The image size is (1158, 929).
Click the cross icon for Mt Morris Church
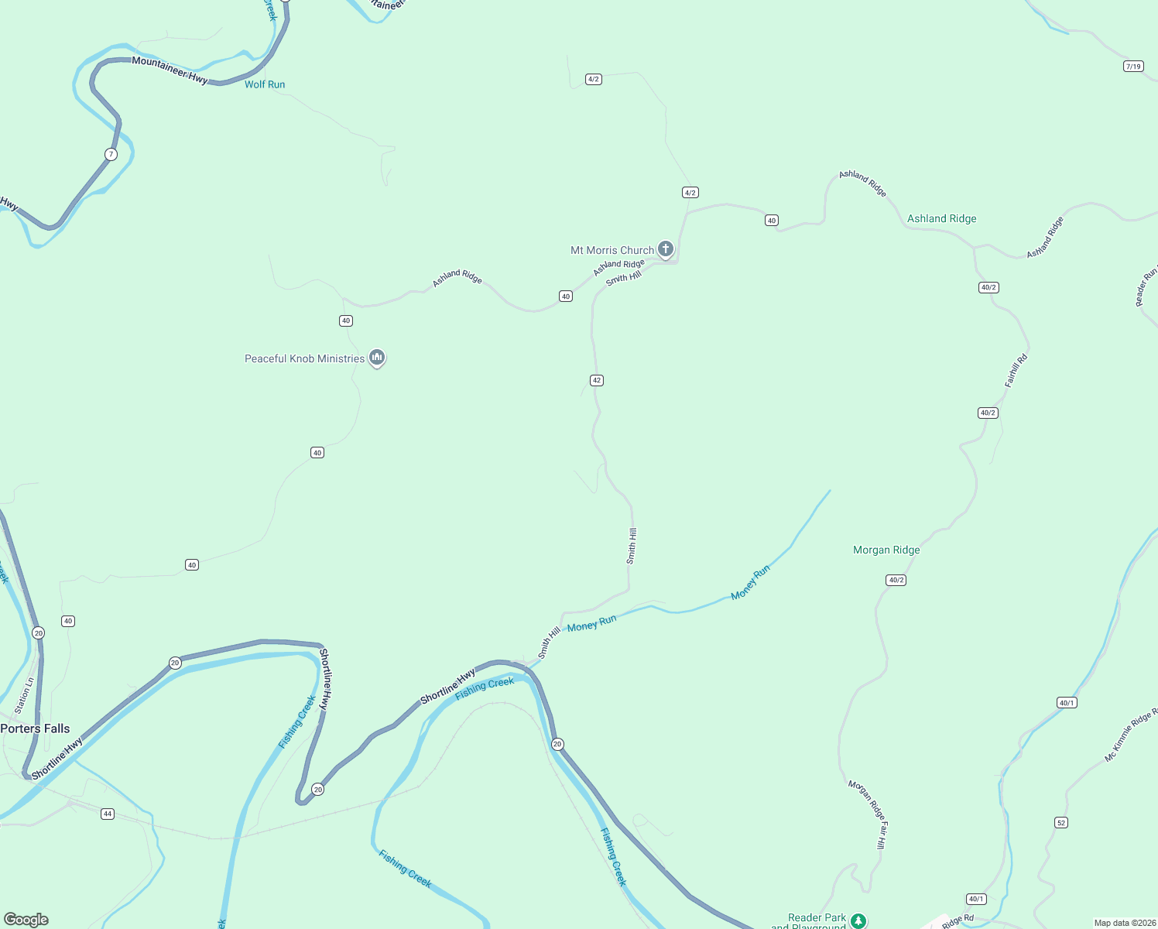[x=666, y=249]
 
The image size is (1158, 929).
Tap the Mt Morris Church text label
[x=612, y=250]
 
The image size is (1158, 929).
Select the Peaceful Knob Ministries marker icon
[x=377, y=357]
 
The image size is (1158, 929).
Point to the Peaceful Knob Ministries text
[x=304, y=358]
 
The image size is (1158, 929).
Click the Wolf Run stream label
[x=265, y=84]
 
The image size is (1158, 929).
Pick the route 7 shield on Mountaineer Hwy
[x=111, y=154]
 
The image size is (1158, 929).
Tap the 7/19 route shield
[x=1133, y=67]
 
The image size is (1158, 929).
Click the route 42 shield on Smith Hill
[x=596, y=380]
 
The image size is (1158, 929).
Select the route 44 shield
[x=108, y=814]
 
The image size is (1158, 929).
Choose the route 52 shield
[x=1061, y=822]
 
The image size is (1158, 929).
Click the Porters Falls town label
[x=36, y=728]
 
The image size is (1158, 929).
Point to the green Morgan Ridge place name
[x=886, y=550]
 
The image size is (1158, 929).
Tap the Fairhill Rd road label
[x=1016, y=370]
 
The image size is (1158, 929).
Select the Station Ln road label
[x=24, y=695]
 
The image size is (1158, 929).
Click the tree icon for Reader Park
[x=858, y=920]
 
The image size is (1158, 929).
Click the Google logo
[x=26, y=920]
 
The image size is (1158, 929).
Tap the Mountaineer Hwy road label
[x=170, y=70]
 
